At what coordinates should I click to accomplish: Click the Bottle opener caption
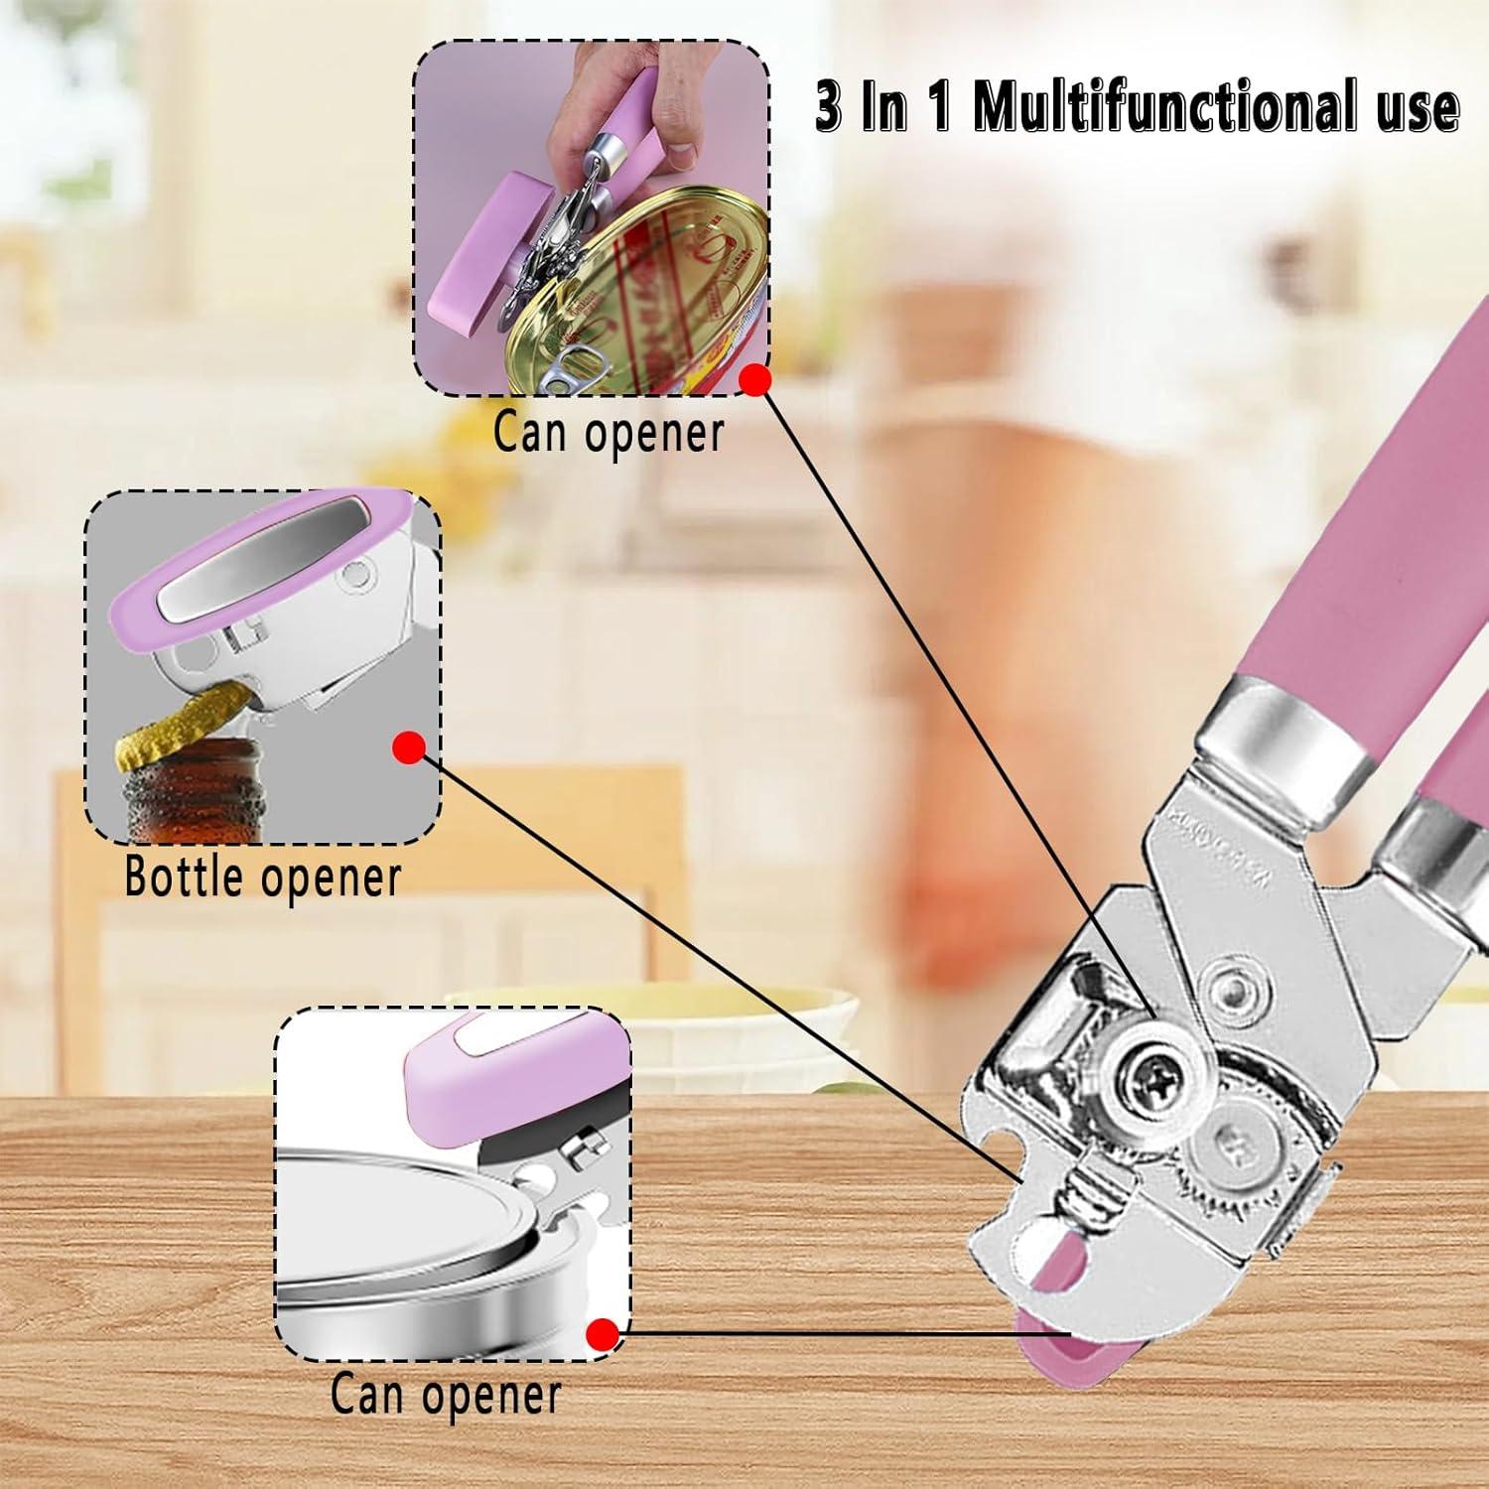pyautogui.click(x=263, y=877)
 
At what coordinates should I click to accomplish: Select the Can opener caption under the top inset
pyautogui.click(x=609, y=433)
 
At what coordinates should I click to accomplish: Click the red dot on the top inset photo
pyautogui.click(x=757, y=379)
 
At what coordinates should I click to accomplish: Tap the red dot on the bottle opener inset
pyautogui.click(x=408, y=747)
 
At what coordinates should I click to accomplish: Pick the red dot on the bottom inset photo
pyautogui.click(x=602, y=1334)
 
